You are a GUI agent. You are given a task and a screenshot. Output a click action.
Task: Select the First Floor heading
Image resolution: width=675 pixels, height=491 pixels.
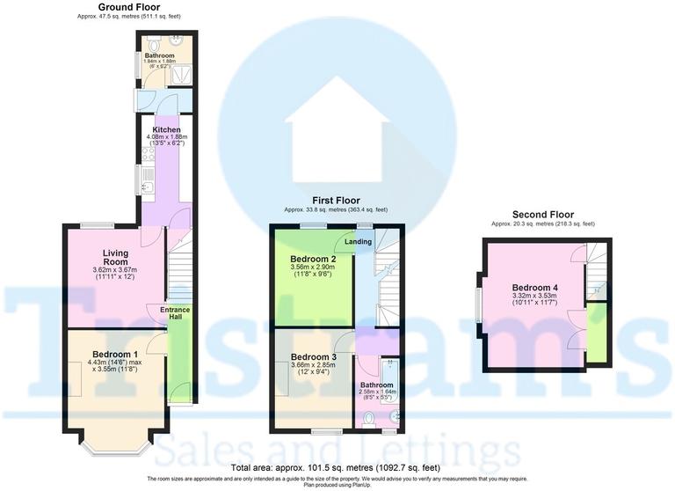[x=335, y=201]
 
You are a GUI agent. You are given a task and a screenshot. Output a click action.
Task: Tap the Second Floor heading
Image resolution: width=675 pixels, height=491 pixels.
[x=542, y=214]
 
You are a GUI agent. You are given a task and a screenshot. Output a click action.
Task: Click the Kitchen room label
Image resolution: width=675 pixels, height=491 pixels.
[x=166, y=129]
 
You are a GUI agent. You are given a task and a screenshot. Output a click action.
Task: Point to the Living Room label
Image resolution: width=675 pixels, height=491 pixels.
[x=115, y=257]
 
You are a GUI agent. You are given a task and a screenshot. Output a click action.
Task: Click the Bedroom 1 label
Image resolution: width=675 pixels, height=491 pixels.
[x=115, y=355]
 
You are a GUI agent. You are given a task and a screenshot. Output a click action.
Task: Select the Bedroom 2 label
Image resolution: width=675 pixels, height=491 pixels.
[x=313, y=259]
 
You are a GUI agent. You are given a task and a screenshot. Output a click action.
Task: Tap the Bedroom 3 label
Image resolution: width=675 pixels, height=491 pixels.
[x=314, y=356]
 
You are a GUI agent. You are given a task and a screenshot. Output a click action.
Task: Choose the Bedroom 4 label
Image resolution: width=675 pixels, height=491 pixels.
[x=536, y=287]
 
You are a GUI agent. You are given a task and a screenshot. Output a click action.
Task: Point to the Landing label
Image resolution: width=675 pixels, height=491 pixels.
[x=357, y=243]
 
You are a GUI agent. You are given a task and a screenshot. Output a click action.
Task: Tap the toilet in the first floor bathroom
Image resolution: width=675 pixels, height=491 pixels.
[x=369, y=419]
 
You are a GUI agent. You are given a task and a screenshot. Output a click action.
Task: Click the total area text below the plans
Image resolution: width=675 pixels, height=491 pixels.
[x=337, y=466]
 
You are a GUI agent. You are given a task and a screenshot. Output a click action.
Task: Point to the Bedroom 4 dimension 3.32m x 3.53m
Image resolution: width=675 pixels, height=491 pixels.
[x=536, y=297]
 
